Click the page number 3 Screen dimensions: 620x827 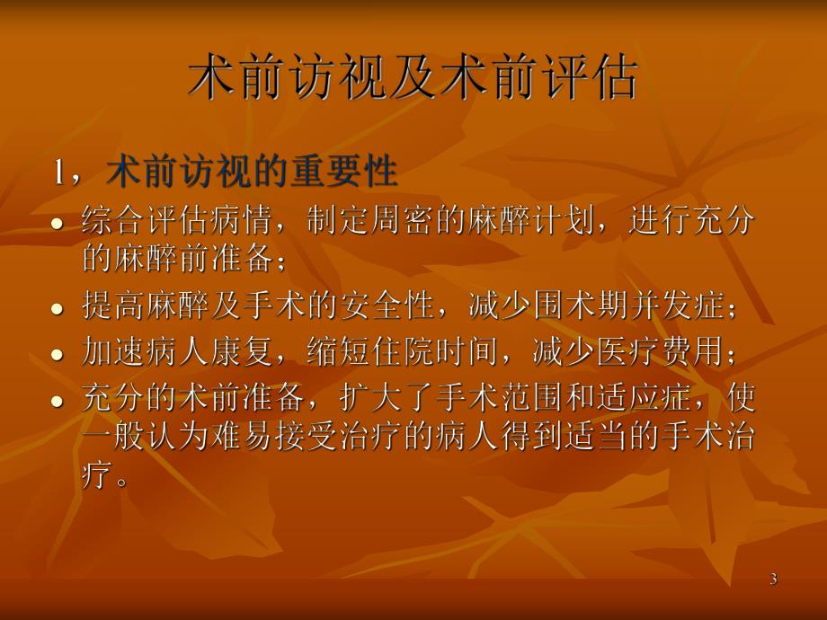click(773, 580)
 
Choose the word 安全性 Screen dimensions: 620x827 click(402, 306)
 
